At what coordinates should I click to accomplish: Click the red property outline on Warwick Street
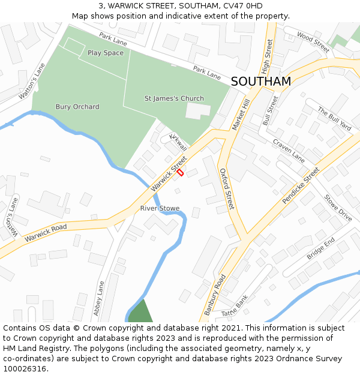point(180,172)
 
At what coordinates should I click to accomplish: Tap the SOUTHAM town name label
point(260,82)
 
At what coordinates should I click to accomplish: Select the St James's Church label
point(174,98)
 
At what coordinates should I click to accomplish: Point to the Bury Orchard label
point(77,107)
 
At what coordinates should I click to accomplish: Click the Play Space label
point(106,53)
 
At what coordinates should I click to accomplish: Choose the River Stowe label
point(160,208)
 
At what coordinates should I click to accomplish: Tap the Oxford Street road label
point(226,189)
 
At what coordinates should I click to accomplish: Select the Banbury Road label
point(214,295)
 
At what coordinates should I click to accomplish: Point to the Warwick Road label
point(46,233)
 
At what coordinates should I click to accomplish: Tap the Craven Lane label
point(289,151)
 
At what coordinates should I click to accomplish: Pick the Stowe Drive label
point(338,208)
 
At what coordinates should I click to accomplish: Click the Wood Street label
point(313,41)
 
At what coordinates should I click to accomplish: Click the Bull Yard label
point(334,119)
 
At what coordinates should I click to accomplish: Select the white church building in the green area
point(199,111)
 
